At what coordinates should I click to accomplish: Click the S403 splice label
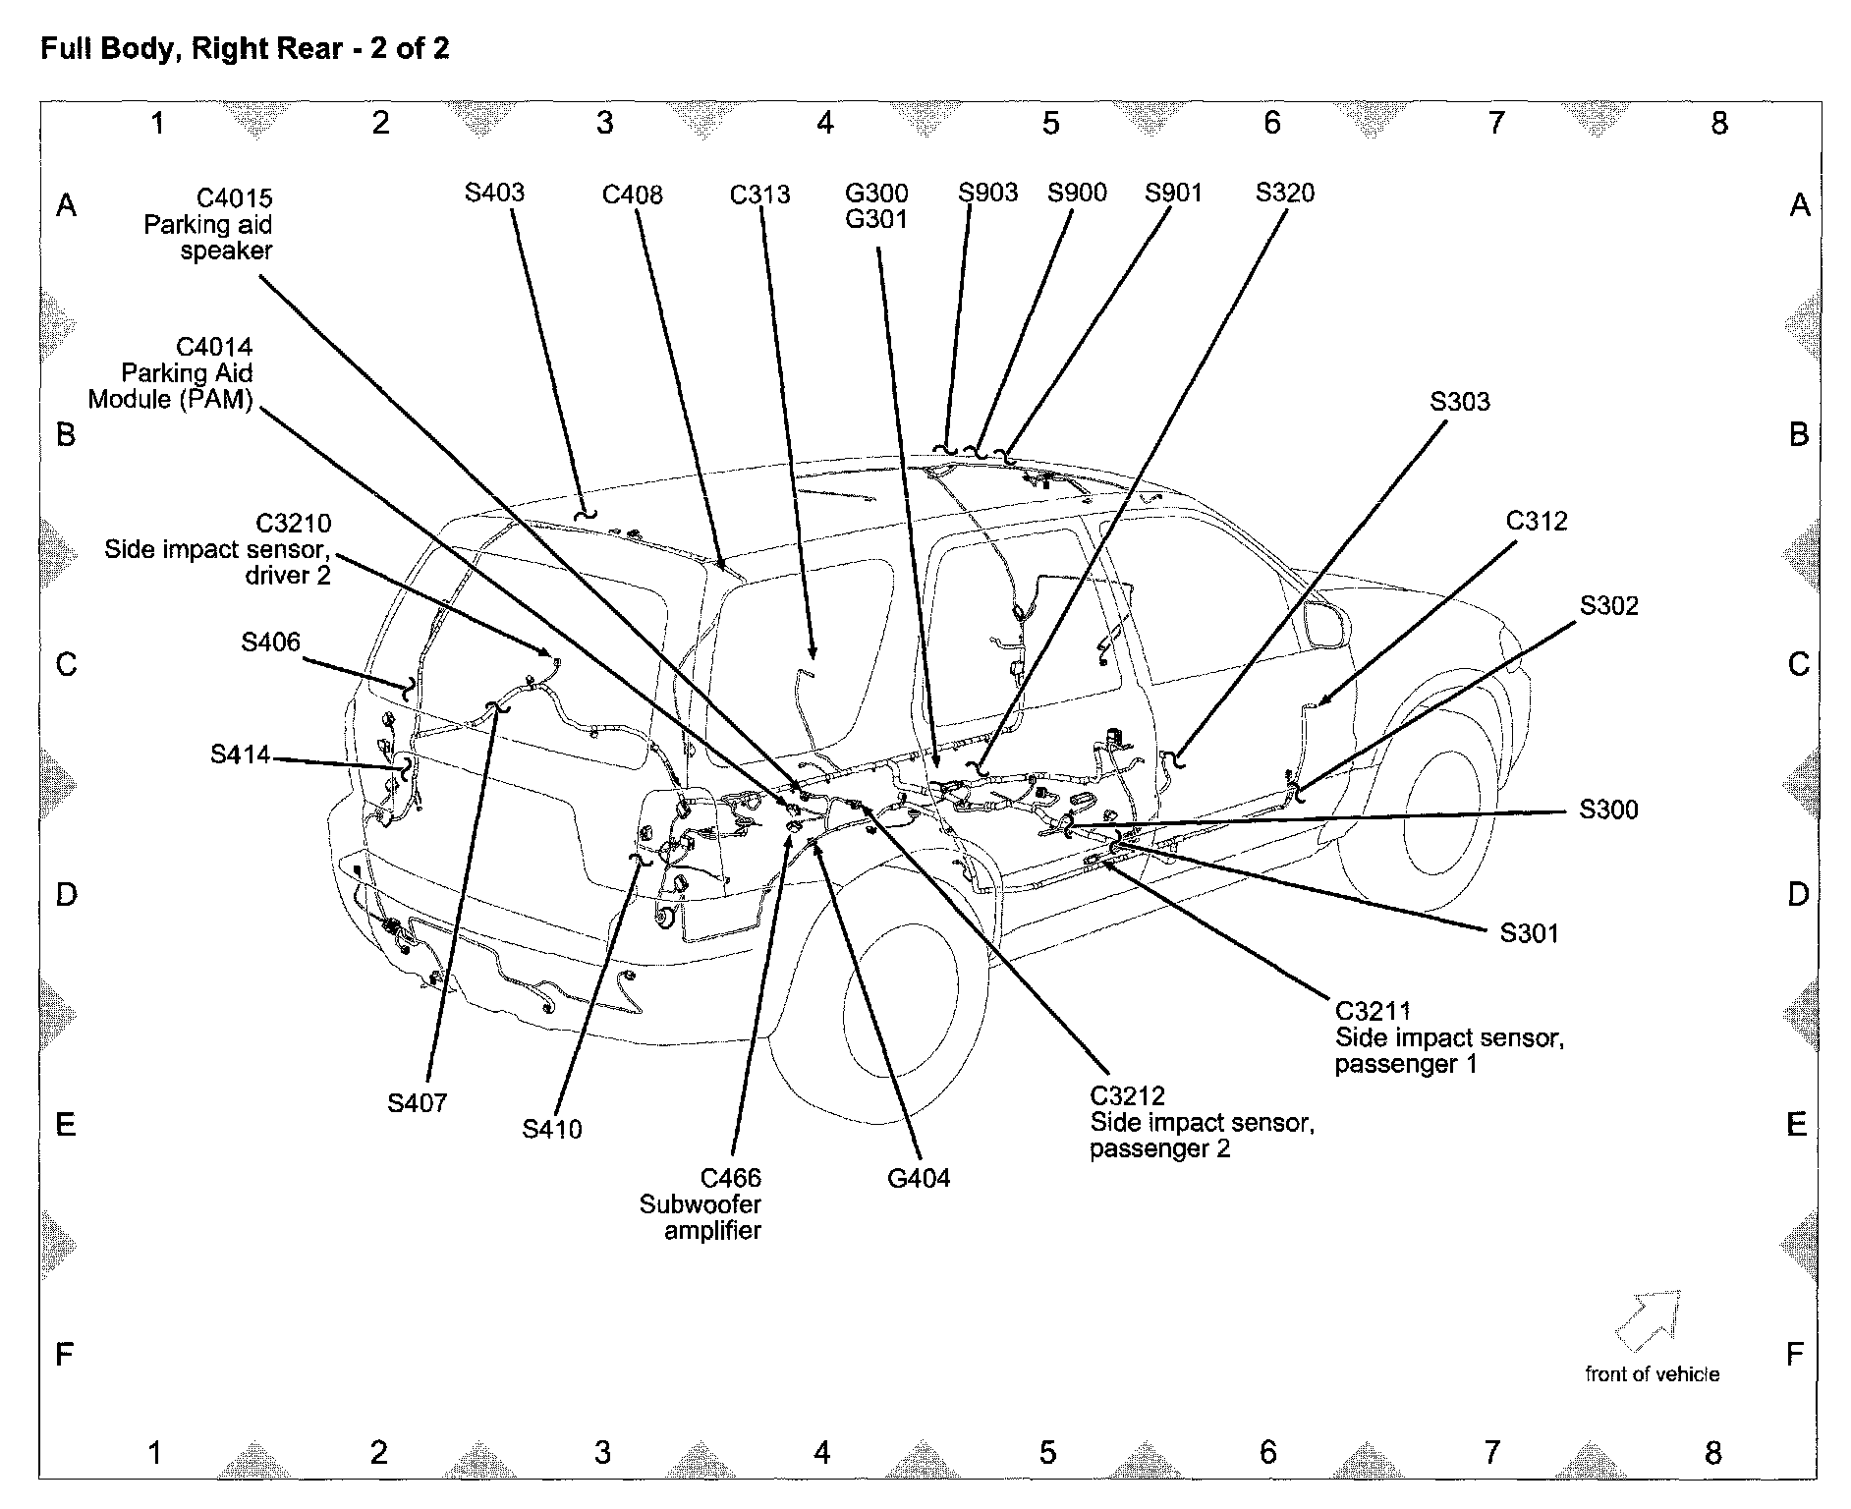[494, 192]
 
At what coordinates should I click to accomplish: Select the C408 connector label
[632, 195]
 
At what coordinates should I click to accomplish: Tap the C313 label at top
[759, 195]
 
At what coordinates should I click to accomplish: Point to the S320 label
[1284, 193]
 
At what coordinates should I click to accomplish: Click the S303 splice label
[1459, 401]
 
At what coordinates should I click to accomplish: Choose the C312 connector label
[1537, 521]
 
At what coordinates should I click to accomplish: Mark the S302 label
[1608, 605]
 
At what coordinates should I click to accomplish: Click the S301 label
[1529, 932]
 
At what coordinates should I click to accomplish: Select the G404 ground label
[918, 1177]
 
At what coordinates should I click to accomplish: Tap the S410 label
[551, 1129]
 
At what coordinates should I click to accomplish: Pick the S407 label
[417, 1102]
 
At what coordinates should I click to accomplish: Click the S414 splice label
[240, 754]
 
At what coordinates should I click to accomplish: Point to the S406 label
[270, 642]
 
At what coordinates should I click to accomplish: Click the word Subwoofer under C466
[700, 1203]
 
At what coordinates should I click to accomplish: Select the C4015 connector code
[234, 198]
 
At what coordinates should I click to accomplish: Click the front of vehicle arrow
[1648, 1319]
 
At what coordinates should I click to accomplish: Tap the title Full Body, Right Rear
[244, 48]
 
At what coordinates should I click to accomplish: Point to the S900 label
[1076, 193]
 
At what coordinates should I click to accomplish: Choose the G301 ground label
[876, 219]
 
